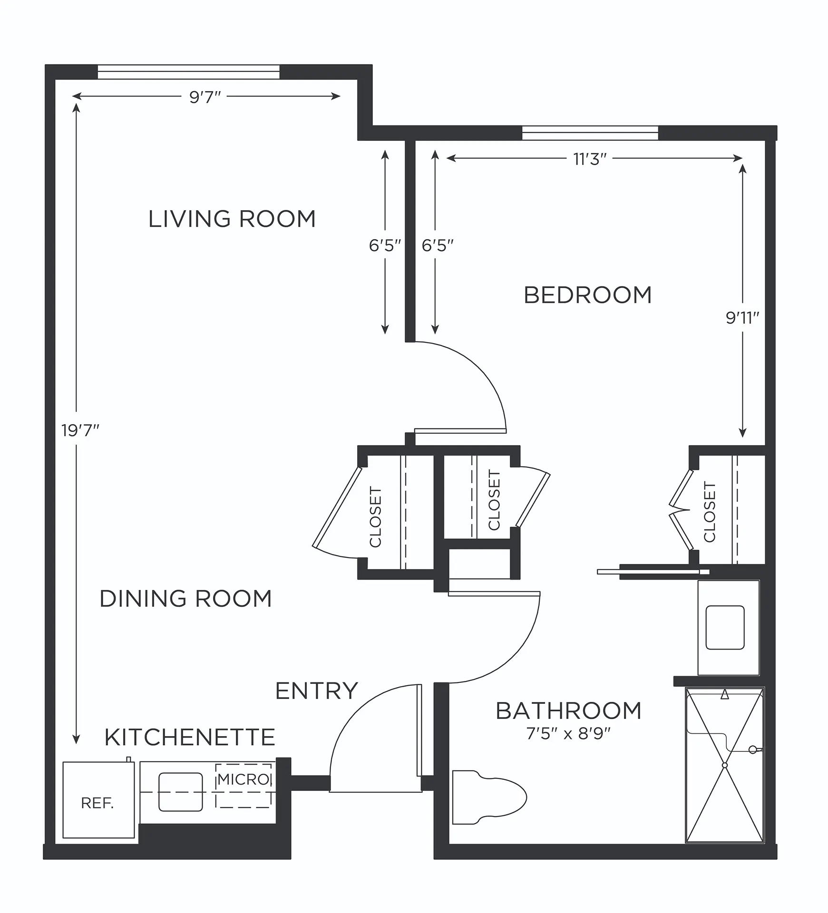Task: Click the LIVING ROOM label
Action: click(232, 219)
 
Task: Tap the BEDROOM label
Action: click(587, 295)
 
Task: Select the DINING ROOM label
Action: click(185, 598)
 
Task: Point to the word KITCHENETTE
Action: click(190, 737)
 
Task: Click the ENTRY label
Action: click(317, 690)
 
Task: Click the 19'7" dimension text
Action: click(80, 430)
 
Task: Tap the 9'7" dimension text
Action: click(205, 97)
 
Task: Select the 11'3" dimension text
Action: click(590, 159)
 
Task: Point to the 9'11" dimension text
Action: click(742, 318)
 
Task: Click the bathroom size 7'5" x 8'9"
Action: click(568, 734)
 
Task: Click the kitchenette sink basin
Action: click(181, 792)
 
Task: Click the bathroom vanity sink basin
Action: click(725, 627)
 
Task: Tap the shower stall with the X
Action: click(724, 765)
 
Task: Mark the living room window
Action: click(189, 72)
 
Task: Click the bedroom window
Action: click(590, 133)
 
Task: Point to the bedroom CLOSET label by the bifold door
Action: click(709, 512)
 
